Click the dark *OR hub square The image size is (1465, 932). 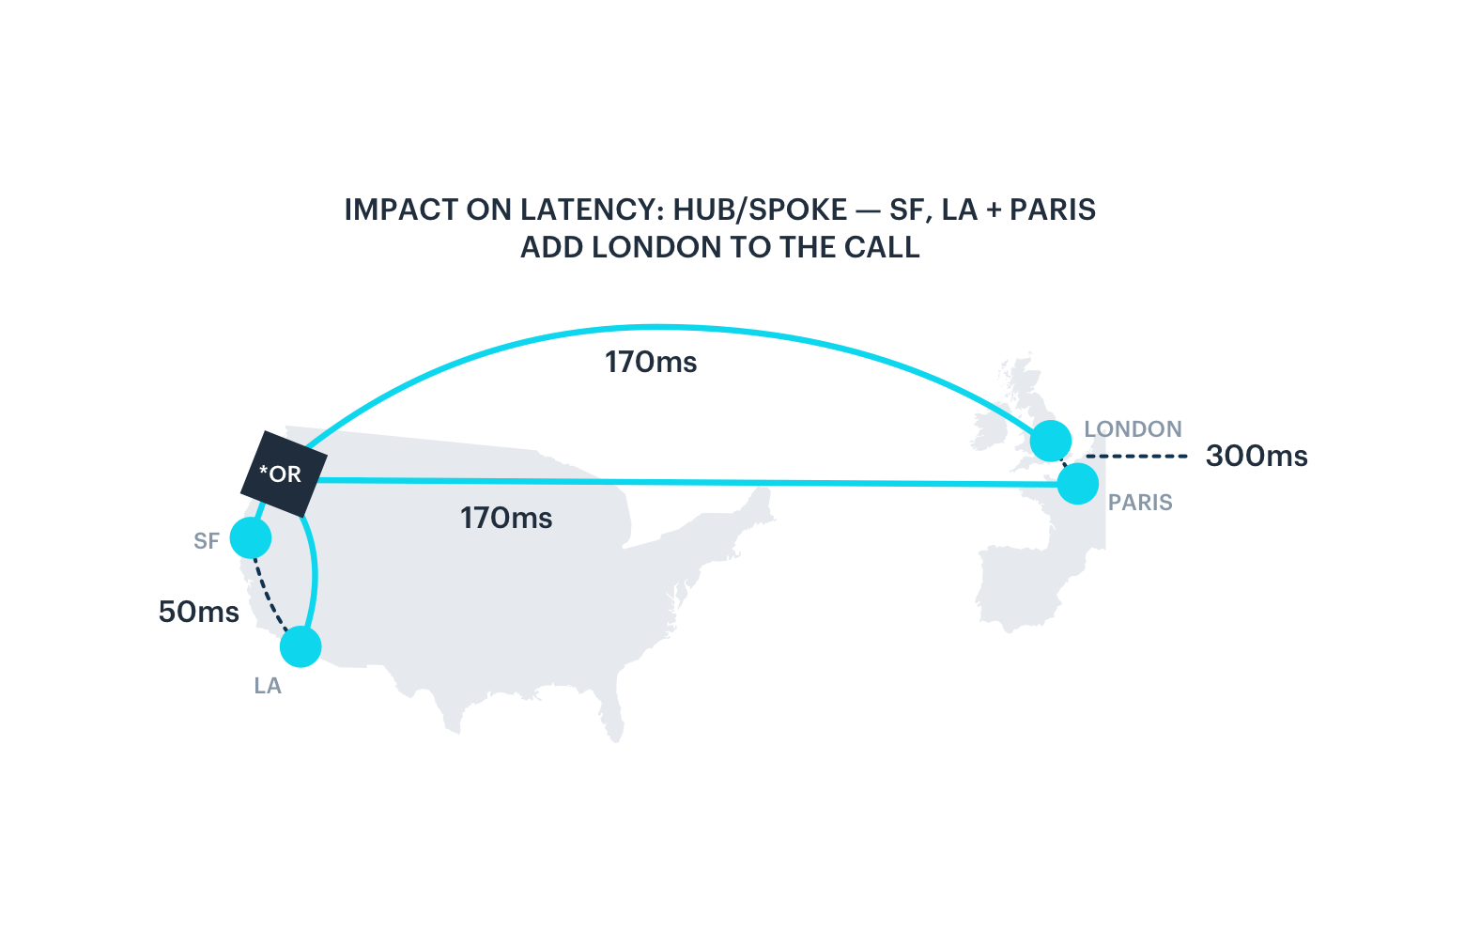click(x=284, y=474)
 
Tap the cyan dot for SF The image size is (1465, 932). click(x=251, y=538)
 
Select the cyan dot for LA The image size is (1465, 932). click(x=301, y=646)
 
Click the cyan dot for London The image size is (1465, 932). click(x=1050, y=441)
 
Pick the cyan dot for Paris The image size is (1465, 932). click(x=1078, y=484)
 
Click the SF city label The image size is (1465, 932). click(x=206, y=541)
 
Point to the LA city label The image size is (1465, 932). click(x=268, y=686)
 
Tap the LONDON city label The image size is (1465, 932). click(x=1133, y=429)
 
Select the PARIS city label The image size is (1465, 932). click(x=1140, y=503)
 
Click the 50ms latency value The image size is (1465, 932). click(x=199, y=612)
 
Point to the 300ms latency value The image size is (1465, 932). click(x=1257, y=457)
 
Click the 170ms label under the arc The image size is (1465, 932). click(x=651, y=362)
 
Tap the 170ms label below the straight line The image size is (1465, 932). click(x=506, y=519)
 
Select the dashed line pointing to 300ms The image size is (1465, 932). click(x=1136, y=457)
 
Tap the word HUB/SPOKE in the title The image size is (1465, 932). click(x=760, y=210)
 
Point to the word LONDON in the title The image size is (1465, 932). click(x=656, y=248)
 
